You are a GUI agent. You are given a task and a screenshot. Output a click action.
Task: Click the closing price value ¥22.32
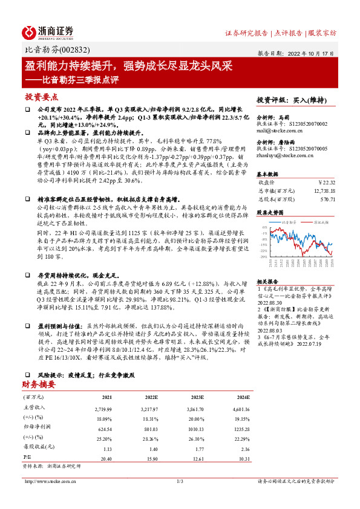pyautogui.click(x=326, y=181)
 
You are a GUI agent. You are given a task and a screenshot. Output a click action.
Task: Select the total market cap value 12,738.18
pyautogui.click(x=322, y=189)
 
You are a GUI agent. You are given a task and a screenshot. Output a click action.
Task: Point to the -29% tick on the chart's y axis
pyautogui.click(x=264, y=256)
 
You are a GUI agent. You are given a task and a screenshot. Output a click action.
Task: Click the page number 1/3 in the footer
pyautogui.click(x=180, y=481)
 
